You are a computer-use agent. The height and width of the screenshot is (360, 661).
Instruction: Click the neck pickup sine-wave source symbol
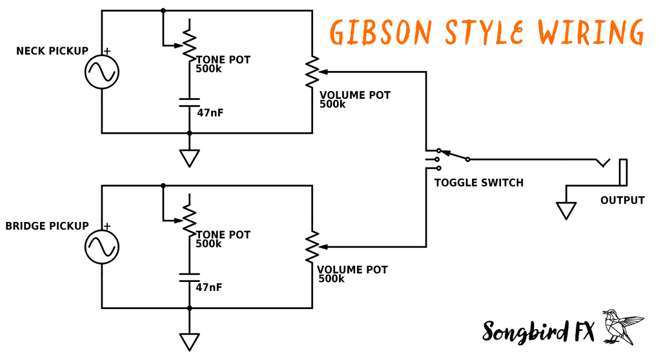pyautogui.click(x=102, y=72)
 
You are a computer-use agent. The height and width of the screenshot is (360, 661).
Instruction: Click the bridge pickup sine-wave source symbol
pyautogui.click(x=102, y=246)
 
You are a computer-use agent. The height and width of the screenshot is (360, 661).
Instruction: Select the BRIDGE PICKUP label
pyautogui.click(x=47, y=226)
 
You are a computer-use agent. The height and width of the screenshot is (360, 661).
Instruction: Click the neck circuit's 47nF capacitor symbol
pyautogui.click(x=189, y=102)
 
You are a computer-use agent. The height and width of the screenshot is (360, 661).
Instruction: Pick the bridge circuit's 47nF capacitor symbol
pyautogui.click(x=189, y=277)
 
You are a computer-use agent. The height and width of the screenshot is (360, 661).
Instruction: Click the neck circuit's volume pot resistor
pyautogui.click(x=312, y=72)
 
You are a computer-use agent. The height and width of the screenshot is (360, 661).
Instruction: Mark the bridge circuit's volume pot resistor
pyautogui.click(x=312, y=246)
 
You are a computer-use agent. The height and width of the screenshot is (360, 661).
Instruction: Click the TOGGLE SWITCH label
pyautogui.click(x=478, y=183)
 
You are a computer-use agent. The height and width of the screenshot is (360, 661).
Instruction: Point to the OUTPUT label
pyautogui.click(x=622, y=200)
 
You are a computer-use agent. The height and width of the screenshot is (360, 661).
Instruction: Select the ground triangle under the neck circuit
pyautogui.click(x=189, y=157)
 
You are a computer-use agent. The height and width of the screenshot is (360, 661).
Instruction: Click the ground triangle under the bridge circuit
pyautogui.click(x=189, y=341)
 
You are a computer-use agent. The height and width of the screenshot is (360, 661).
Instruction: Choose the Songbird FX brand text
pyautogui.click(x=538, y=330)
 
